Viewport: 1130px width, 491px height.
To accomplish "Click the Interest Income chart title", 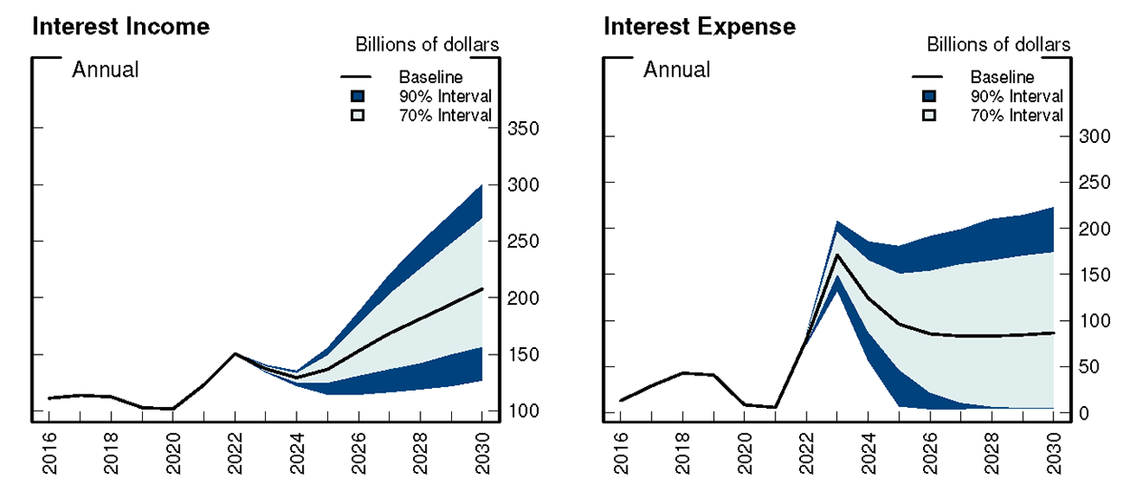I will click(121, 26).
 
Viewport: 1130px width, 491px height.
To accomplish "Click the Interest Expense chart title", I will click(700, 26).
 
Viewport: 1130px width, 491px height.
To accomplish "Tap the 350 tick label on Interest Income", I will click(522, 129).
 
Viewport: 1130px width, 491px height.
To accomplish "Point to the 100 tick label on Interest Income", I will click(522, 411).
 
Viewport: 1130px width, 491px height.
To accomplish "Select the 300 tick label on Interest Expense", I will click(1092, 137).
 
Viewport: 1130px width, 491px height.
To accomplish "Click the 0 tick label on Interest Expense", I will click(1080, 413).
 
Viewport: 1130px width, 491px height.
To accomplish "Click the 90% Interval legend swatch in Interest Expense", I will click(929, 97).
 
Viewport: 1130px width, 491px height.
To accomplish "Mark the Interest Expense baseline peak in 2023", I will click(837, 255).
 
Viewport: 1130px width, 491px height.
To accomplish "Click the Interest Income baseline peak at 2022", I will click(235, 354).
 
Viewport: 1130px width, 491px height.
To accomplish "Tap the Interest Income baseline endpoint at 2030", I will click(482, 288).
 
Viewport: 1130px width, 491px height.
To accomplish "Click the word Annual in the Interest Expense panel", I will click(676, 70).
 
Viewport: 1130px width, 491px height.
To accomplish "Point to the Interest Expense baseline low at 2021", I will click(775, 407).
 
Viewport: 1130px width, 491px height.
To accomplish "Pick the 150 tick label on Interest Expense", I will click(1092, 274).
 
